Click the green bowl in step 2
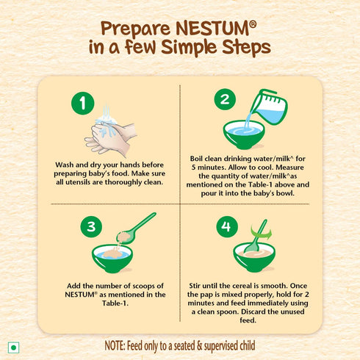click(x=245, y=134)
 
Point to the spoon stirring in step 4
click(x=256, y=236)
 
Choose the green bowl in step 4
click(x=254, y=256)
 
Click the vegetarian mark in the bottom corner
click(x=12, y=346)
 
